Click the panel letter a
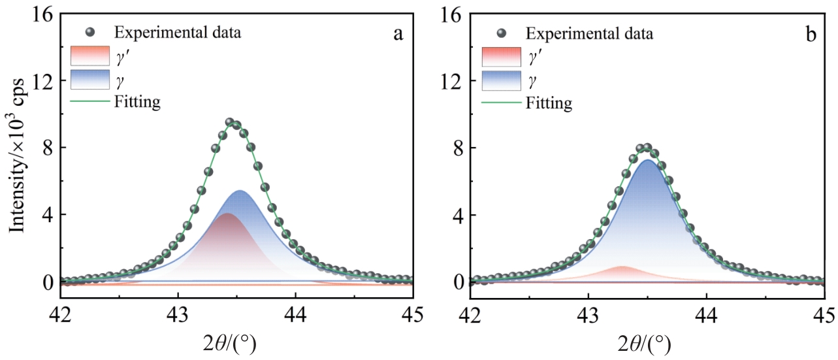click(x=397, y=35)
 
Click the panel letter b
click(x=811, y=35)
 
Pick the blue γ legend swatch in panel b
click(x=501, y=80)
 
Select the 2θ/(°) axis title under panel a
click(x=225, y=342)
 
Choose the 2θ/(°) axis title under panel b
click(x=637, y=342)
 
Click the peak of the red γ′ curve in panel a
click(x=227, y=214)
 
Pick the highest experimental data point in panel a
click(x=230, y=122)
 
